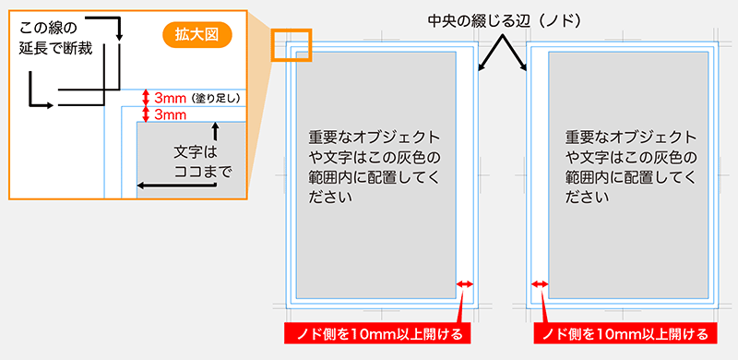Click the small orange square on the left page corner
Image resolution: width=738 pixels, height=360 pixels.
click(x=292, y=46)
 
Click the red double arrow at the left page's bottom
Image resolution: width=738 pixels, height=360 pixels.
click(x=465, y=285)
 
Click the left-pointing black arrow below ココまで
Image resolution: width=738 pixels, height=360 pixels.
click(x=143, y=186)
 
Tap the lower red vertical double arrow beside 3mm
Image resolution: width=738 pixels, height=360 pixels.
click(x=145, y=114)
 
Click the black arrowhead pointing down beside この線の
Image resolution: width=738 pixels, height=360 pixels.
click(x=119, y=35)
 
